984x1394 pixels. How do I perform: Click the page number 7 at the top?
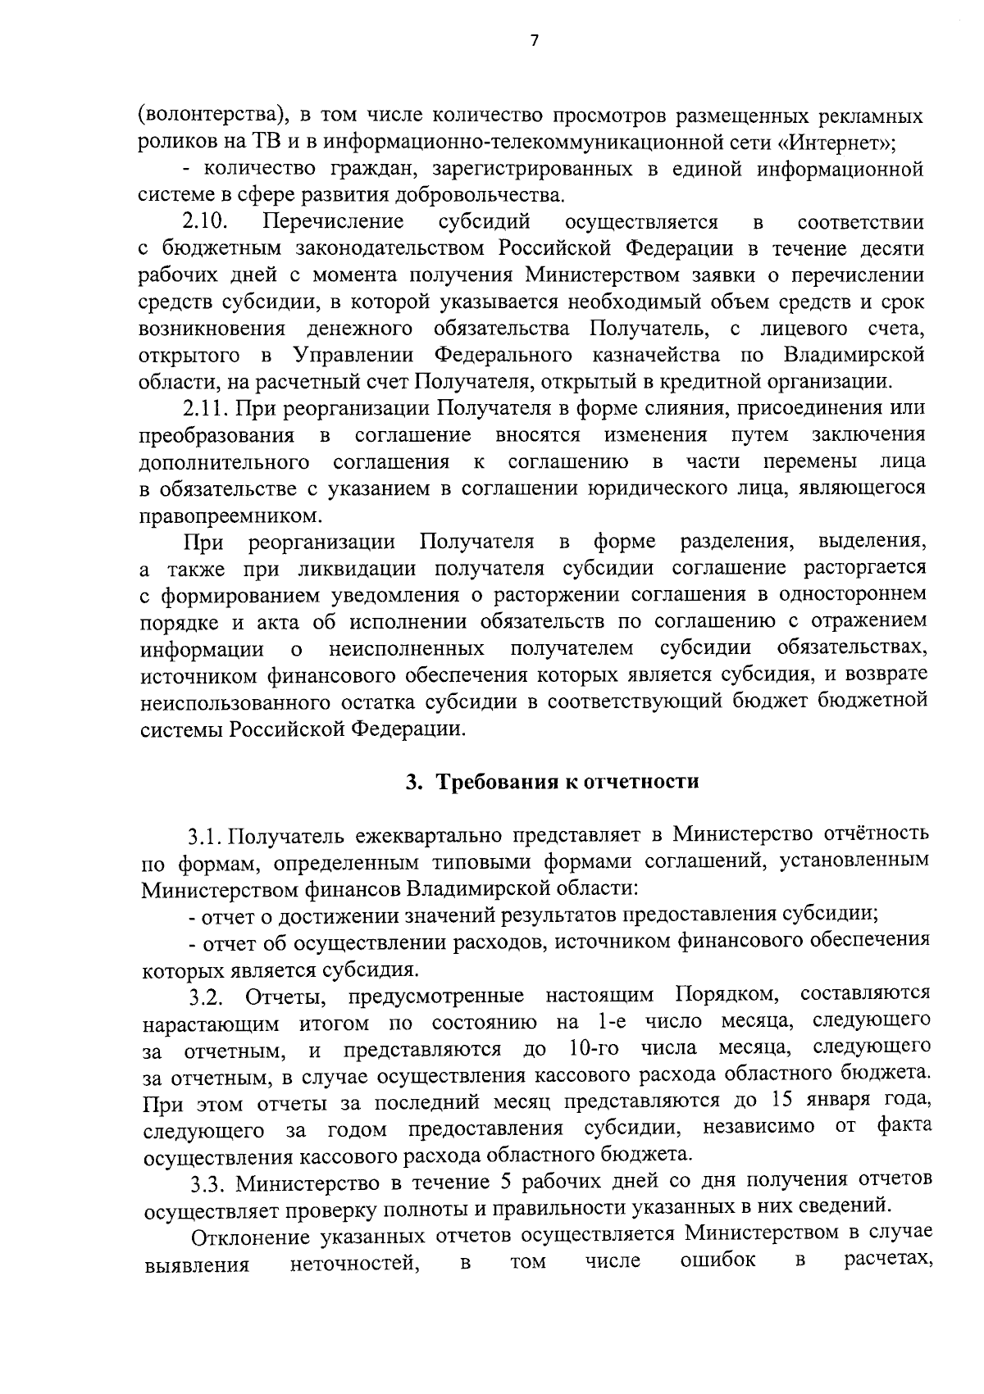(x=534, y=41)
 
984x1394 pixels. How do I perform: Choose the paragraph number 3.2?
(x=207, y=997)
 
